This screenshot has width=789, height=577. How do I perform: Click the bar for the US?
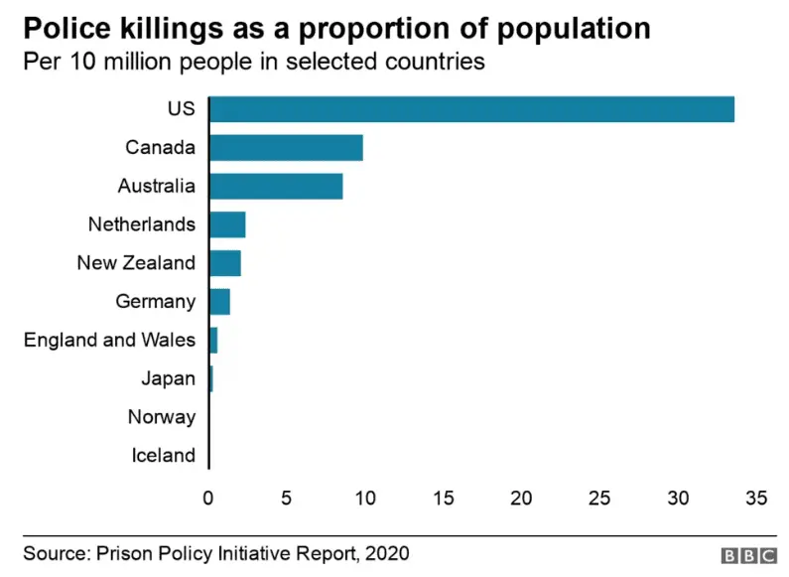[x=472, y=109]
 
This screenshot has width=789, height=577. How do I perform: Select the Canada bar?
[x=286, y=148]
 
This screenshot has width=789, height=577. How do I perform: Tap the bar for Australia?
[x=276, y=187]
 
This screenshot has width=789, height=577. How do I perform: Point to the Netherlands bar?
[x=227, y=224]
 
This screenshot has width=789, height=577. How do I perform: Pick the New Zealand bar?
[x=225, y=263]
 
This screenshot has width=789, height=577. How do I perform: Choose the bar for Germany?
[x=220, y=302]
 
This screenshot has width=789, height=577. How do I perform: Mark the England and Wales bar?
[x=213, y=341]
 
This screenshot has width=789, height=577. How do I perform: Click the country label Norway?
[x=162, y=417]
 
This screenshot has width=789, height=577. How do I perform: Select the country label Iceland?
[x=164, y=455]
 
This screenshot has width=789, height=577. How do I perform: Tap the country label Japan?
[x=168, y=378]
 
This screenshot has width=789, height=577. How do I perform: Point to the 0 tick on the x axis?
[x=208, y=498]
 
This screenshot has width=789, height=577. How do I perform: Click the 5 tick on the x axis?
[x=286, y=498]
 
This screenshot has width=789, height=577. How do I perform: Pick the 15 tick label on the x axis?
[x=444, y=498]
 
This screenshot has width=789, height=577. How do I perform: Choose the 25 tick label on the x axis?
[x=599, y=498]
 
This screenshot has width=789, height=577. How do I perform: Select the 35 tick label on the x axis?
[x=756, y=498]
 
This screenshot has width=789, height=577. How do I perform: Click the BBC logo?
[x=749, y=555]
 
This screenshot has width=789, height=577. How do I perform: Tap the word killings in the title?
[x=171, y=29]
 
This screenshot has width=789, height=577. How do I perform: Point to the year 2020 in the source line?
[x=387, y=553]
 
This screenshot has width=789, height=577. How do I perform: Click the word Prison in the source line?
[x=125, y=553]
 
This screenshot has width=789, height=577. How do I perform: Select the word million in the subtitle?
[x=137, y=62]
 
